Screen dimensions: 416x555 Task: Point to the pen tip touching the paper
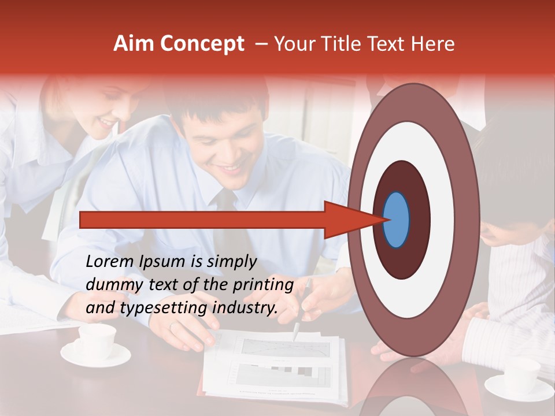[295, 339]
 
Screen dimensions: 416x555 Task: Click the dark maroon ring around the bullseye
[419, 220]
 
